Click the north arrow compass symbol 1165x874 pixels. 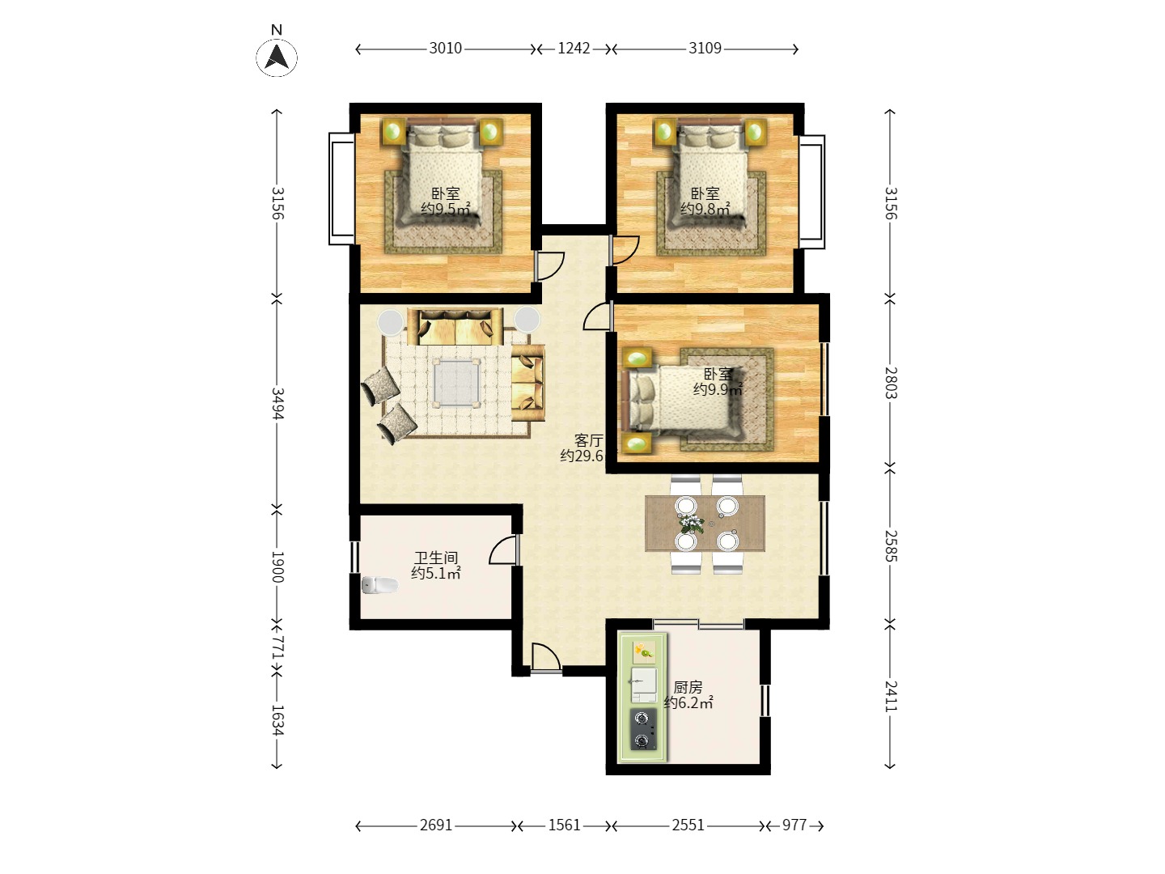(277, 57)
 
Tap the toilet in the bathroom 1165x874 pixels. (379, 584)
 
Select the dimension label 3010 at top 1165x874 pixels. (445, 49)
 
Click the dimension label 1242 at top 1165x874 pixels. (574, 49)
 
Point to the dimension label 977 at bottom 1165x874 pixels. (794, 825)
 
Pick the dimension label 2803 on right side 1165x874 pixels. (890, 383)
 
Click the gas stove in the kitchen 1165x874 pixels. (644, 729)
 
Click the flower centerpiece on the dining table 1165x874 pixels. (690, 522)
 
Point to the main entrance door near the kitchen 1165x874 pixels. (544, 658)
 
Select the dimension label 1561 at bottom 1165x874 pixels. (564, 825)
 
